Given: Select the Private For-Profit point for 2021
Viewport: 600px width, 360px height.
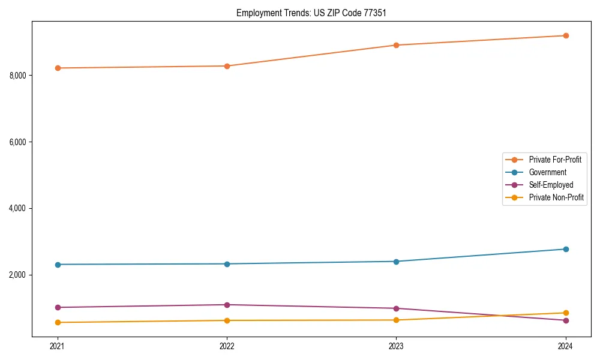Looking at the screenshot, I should (58, 68).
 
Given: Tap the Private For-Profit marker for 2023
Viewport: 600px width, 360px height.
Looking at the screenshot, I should (396, 45).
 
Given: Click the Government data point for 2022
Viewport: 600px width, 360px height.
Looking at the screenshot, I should (227, 264).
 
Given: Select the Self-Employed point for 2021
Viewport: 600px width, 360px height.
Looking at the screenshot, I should (58, 307).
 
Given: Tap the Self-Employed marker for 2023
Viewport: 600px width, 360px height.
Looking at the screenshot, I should (396, 308).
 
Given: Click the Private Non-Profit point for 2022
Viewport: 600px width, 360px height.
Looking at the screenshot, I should (227, 320).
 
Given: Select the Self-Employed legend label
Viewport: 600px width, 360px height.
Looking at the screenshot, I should (551, 185).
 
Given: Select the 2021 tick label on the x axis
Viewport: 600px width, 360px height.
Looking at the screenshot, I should (58, 346).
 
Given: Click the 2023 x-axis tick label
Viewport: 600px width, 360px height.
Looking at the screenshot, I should (396, 346).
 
